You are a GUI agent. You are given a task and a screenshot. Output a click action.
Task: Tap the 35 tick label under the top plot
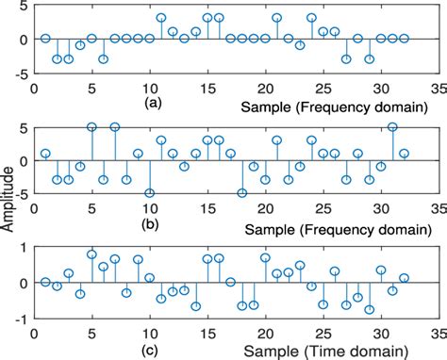pyautogui.click(x=438, y=84)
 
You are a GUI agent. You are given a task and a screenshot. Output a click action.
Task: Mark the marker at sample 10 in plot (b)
pyautogui.click(x=150, y=193)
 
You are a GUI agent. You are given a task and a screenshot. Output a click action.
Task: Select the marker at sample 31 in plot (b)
pyautogui.click(x=392, y=126)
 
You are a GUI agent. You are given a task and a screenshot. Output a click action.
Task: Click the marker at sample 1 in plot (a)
pyautogui.click(x=45, y=39)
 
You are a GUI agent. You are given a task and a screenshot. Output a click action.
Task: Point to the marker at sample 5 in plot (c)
pyautogui.click(x=91, y=254)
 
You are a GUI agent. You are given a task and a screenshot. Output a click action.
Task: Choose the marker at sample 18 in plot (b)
pyautogui.click(x=242, y=193)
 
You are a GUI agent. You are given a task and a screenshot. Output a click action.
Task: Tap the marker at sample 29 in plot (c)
pyautogui.click(x=370, y=309)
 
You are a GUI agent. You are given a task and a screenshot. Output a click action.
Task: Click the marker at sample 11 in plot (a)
pyautogui.click(x=161, y=18)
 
